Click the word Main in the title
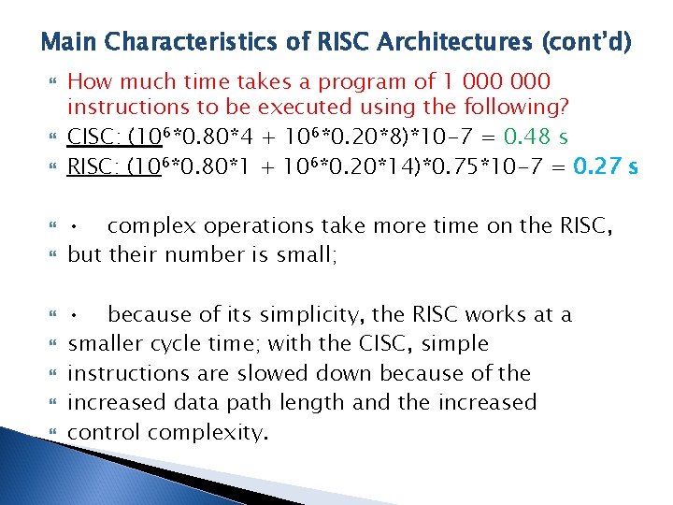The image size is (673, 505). (x=70, y=42)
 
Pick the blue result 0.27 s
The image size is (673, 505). (x=606, y=166)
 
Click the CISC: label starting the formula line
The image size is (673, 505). (x=97, y=137)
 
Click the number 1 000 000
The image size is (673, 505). (x=499, y=81)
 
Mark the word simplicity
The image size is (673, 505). (x=284, y=314)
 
